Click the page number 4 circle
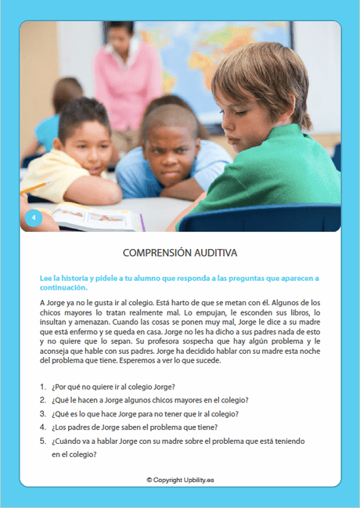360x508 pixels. (x=32, y=218)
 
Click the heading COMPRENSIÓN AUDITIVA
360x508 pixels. (x=180, y=254)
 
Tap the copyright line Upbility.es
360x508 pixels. (x=180, y=479)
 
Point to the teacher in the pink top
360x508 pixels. (x=124, y=78)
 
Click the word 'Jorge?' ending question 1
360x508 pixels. (x=160, y=387)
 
